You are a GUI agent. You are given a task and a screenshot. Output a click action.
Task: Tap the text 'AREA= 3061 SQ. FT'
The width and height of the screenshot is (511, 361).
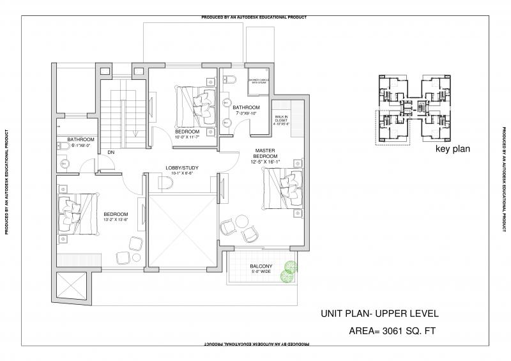click(x=390, y=331)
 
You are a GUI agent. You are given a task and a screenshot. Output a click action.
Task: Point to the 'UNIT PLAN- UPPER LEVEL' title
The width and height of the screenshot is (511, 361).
click(x=379, y=314)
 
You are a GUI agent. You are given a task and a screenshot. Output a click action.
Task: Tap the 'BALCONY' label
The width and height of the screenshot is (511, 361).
click(x=261, y=266)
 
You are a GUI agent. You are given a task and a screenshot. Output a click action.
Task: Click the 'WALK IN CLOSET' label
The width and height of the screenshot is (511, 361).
click(x=282, y=119)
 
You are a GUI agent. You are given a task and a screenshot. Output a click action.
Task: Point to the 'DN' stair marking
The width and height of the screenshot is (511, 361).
click(x=111, y=152)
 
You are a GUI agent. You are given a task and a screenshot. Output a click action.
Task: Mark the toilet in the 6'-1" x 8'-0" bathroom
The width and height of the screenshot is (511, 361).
click(x=64, y=149)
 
